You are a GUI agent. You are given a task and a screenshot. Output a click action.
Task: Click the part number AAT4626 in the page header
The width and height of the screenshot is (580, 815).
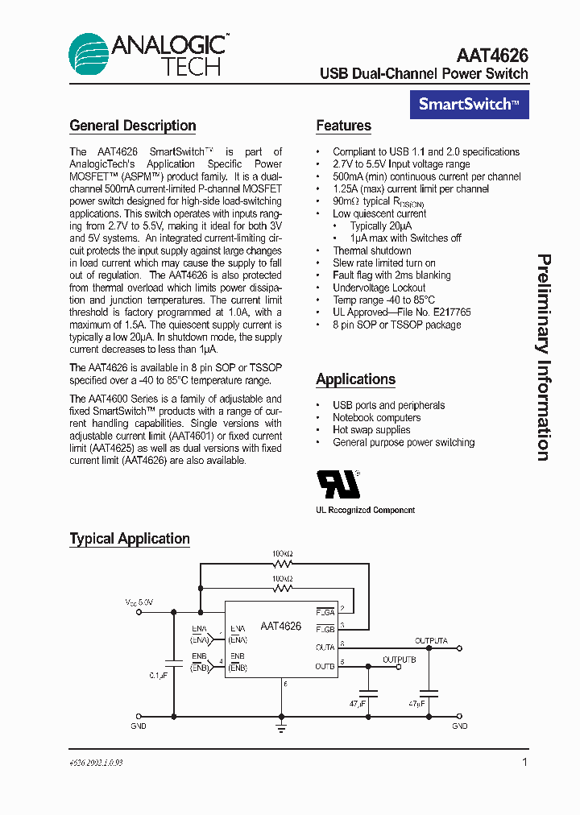[x=491, y=55]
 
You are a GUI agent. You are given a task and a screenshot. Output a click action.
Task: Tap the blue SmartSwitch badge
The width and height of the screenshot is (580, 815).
[x=469, y=104]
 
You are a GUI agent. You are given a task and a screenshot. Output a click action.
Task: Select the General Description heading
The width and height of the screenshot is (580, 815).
[x=133, y=126]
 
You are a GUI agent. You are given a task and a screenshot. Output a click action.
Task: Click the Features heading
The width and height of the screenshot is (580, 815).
[x=343, y=126]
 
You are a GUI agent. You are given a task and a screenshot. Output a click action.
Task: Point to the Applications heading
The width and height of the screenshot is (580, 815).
[x=355, y=379]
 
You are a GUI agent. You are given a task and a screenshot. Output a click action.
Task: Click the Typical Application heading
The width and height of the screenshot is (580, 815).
[x=130, y=539]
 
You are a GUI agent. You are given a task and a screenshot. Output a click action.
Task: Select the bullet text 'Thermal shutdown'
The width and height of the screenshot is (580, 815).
[x=372, y=250]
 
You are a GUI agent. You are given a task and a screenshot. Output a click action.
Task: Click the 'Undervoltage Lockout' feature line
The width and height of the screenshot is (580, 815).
[x=379, y=288]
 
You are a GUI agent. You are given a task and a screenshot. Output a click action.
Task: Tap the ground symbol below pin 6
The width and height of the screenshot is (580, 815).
[x=282, y=726]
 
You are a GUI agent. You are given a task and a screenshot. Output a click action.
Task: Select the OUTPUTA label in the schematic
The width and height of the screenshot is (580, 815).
[x=431, y=641]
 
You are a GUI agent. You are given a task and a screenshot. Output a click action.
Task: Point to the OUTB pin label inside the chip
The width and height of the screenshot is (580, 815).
[x=325, y=666]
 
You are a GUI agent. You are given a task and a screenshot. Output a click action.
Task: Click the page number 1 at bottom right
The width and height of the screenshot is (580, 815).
[x=525, y=762]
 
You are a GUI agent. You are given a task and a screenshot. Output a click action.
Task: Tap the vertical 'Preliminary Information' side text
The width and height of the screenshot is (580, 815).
[x=544, y=358]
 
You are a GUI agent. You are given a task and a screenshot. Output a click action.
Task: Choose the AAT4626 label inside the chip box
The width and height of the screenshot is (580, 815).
[x=280, y=626]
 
